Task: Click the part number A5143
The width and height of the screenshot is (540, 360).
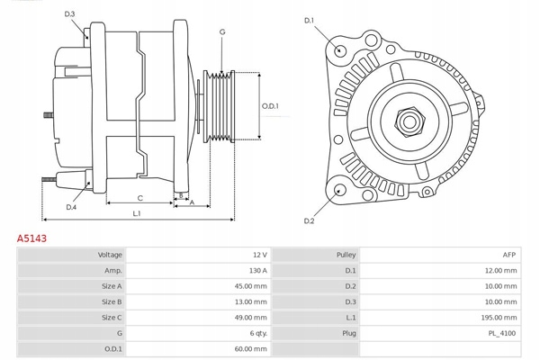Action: point(31,239)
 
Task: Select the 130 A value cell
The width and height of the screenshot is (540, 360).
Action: point(257,270)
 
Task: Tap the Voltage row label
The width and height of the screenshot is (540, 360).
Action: point(110,255)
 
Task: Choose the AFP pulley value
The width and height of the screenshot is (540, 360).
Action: point(509,255)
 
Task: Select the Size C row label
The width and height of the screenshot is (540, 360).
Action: point(112,317)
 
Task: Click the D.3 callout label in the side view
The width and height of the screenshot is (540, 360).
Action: point(70,13)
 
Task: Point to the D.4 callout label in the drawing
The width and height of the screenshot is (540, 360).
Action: point(71,207)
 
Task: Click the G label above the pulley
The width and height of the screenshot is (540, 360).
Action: point(222,32)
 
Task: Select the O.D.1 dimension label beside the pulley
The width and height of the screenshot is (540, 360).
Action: point(270,106)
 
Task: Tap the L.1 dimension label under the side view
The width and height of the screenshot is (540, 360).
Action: point(137,213)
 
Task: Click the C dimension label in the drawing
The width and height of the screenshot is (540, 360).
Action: point(139,198)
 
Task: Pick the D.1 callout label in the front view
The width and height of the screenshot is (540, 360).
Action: point(309,20)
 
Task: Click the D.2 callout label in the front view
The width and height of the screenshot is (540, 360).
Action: point(309,220)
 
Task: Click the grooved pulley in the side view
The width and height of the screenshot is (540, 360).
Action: point(220,106)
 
